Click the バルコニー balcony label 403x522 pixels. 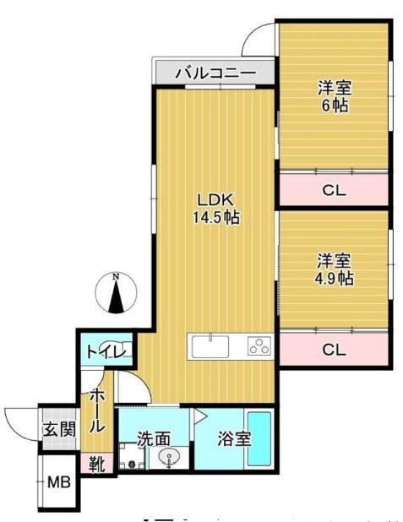pyautogui.click(x=215, y=73)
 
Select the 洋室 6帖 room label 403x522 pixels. pyautogui.click(x=335, y=96)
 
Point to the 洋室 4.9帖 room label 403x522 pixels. pyautogui.click(x=335, y=269)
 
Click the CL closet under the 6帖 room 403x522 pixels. pyautogui.click(x=335, y=190)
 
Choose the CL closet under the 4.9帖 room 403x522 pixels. pyautogui.click(x=335, y=350)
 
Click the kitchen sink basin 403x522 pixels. pyautogui.click(x=210, y=346)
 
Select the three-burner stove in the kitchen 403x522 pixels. pyautogui.click(x=259, y=346)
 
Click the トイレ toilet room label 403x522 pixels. pyautogui.click(x=104, y=351)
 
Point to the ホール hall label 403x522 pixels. pyautogui.click(x=97, y=411)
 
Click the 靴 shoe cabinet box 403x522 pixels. pyautogui.click(x=95, y=464)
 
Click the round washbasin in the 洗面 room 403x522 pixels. pyautogui.click(x=170, y=459)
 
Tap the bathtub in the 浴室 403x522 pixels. pyautogui.click(x=259, y=439)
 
